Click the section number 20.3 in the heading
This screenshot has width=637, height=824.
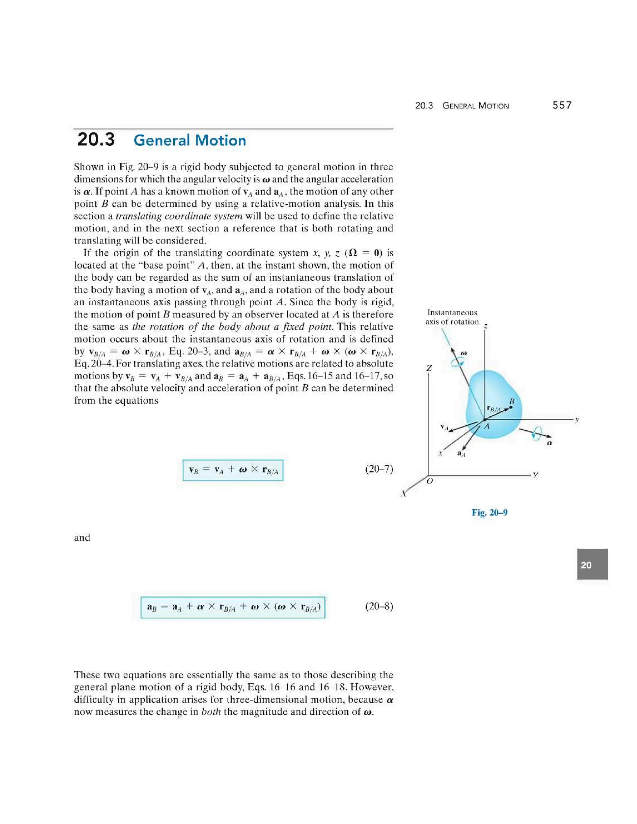click(x=96, y=140)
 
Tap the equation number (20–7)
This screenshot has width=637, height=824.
click(x=379, y=469)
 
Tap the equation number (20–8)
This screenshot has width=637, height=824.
click(x=379, y=606)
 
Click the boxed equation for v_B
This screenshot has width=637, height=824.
click(x=233, y=470)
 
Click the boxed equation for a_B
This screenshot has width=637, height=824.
click(x=233, y=607)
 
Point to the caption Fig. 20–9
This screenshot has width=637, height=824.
click(x=490, y=512)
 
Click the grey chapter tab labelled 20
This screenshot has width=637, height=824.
click(x=592, y=565)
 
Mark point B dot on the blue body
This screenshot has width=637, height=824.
click(x=511, y=407)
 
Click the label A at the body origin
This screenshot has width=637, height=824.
click(x=487, y=427)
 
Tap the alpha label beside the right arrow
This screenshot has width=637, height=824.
click(x=550, y=443)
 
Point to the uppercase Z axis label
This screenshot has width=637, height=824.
click(x=429, y=368)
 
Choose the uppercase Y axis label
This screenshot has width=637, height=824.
click(x=535, y=475)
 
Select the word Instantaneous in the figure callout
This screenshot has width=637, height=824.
click(x=452, y=312)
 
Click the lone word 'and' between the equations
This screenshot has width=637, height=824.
click(x=82, y=538)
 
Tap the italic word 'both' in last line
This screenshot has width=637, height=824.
click(x=211, y=712)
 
